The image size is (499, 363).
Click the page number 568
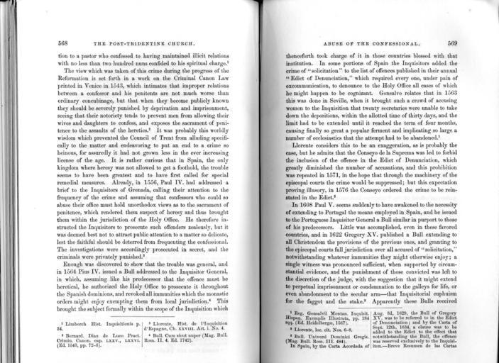(63, 43)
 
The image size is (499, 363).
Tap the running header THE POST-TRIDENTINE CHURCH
(149, 43)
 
